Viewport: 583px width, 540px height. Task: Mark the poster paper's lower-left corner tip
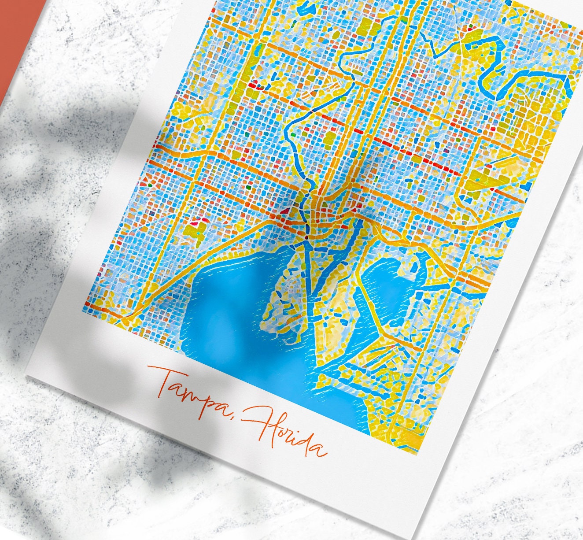pyautogui.click(x=27, y=377)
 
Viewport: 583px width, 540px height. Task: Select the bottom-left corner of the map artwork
pyautogui.click(x=83, y=311)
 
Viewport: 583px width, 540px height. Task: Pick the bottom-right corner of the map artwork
pyautogui.click(x=417, y=454)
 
